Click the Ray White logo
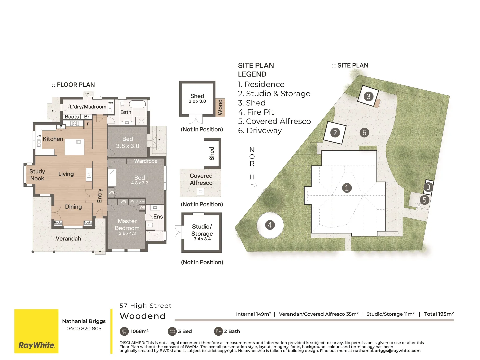click(x=36, y=345)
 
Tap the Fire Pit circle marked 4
click(x=270, y=225)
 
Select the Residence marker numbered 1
click(x=347, y=188)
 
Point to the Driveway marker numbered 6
click(x=364, y=133)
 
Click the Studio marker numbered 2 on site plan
click(x=335, y=133)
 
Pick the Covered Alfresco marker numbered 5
click(x=424, y=200)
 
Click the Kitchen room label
click(x=53, y=139)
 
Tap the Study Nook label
click(x=37, y=175)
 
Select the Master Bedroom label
click(x=127, y=225)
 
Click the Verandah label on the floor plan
click(x=68, y=238)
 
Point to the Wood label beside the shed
click(x=220, y=107)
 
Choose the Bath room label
click(x=126, y=112)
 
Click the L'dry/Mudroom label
click(x=88, y=107)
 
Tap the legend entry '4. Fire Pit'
click(x=256, y=112)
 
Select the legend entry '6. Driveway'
click(x=260, y=131)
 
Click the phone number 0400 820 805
click(x=84, y=328)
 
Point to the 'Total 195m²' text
click(x=439, y=314)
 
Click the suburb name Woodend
click(x=142, y=316)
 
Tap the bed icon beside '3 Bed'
click(x=172, y=331)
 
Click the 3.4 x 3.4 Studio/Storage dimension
click(x=202, y=239)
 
